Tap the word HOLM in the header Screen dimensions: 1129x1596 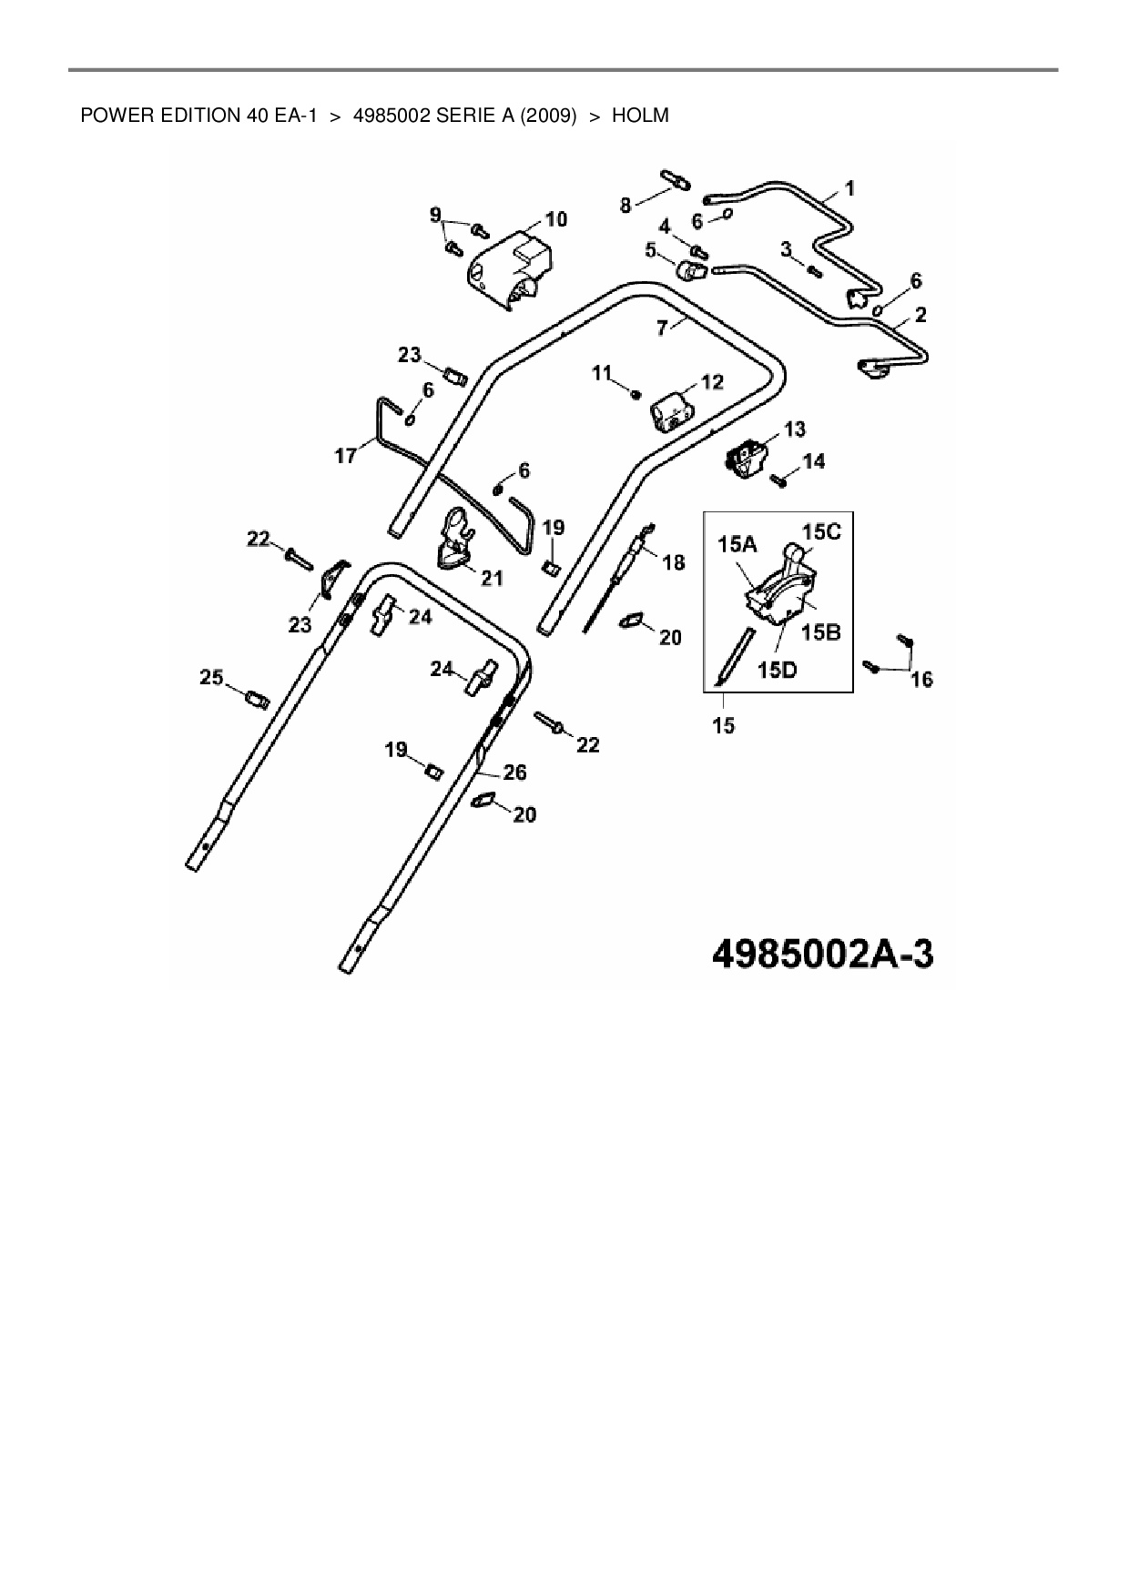[640, 116]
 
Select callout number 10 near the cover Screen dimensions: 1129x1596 [555, 219]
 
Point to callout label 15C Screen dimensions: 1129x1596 [821, 532]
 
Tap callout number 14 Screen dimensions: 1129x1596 [814, 462]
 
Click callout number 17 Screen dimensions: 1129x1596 [346, 455]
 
